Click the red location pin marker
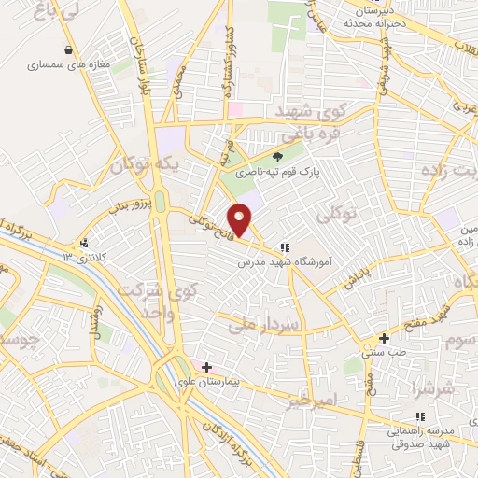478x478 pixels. click(241, 220)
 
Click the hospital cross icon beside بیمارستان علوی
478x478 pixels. click(206, 367)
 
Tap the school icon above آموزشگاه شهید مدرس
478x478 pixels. click(285, 248)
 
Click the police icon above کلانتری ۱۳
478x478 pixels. click(85, 241)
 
